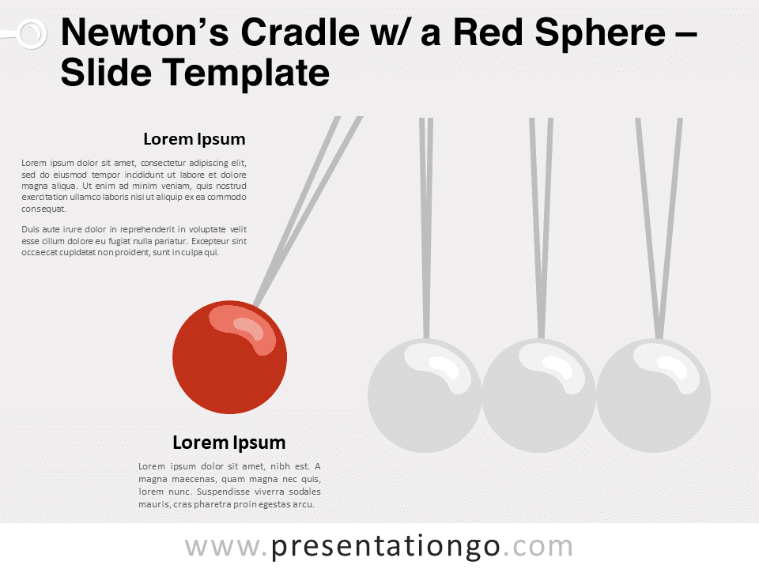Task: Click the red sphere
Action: pos(229,357)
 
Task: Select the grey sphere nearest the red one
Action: pos(425,395)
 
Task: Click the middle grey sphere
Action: pos(539,395)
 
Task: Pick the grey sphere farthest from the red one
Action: pos(654,395)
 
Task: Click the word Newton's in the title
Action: pos(145,32)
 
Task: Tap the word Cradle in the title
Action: pos(300,32)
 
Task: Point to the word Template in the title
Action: pos(245,73)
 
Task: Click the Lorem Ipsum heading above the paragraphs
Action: pos(194,139)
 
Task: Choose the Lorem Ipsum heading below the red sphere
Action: pos(229,443)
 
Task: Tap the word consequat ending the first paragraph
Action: pos(43,209)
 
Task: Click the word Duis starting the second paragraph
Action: pos(30,229)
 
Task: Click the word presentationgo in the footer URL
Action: pos(385,546)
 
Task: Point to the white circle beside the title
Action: pos(32,34)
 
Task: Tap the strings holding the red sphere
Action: pos(308,211)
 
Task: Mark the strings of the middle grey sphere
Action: pos(541,228)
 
